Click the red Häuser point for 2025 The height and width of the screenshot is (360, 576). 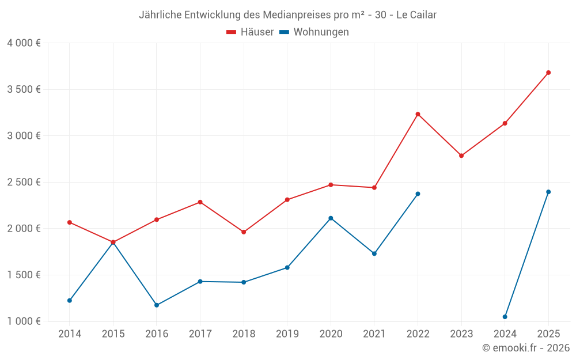[x=548, y=73]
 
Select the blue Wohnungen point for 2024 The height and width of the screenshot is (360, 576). [x=505, y=317]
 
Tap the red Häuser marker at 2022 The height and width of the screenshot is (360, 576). [x=418, y=114]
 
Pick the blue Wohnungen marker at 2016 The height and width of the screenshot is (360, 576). [x=157, y=305]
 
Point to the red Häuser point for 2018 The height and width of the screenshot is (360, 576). [x=244, y=232]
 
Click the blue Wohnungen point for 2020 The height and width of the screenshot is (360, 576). [x=331, y=218]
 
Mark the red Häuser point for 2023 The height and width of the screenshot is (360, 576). [x=461, y=156]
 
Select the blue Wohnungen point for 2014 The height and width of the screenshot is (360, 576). [x=70, y=301]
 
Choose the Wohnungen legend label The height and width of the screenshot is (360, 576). [x=321, y=32]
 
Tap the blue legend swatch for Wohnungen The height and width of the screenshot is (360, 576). [x=284, y=32]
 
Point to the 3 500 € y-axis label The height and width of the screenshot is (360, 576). [x=24, y=89]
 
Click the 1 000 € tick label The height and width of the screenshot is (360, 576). [x=24, y=321]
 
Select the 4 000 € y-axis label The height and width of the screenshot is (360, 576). [x=24, y=43]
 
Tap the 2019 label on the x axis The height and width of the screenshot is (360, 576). [x=287, y=334]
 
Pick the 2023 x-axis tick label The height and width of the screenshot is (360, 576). [x=461, y=334]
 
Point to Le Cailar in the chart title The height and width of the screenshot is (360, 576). [x=416, y=15]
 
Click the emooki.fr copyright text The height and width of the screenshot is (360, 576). [x=526, y=348]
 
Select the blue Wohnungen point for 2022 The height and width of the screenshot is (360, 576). [x=418, y=194]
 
